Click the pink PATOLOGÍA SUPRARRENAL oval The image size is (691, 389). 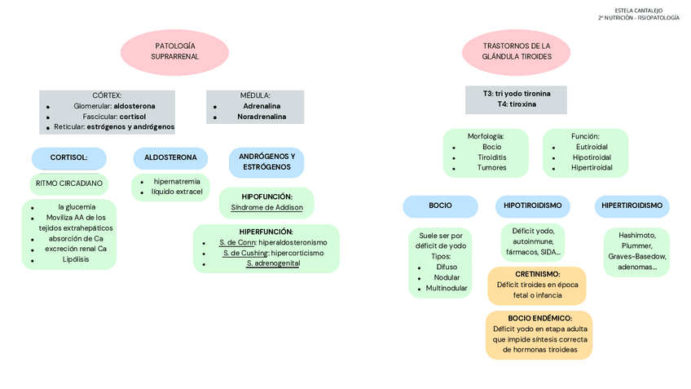pos(174,51)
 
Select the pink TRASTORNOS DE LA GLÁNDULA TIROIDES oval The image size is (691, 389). pos(516,51)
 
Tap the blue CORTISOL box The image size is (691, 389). pos(69,157)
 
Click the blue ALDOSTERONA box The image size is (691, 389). pos(170,157)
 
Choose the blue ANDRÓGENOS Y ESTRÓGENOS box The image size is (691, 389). pos(266,161)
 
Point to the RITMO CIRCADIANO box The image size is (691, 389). pos(69,183)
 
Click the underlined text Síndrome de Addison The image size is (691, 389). pos(266,208)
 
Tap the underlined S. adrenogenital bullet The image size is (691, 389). pos(273,263)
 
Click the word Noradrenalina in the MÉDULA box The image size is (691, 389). pos(262,117)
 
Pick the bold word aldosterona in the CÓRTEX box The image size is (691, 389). pos(134,106)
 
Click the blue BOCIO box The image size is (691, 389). pos(440,206)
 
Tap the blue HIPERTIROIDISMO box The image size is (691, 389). pos(632,206)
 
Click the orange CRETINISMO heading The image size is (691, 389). pos(537,274)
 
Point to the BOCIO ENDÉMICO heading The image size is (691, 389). pos(539,318)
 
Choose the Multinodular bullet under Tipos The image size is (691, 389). pos(447,288)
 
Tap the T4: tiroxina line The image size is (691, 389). pos(516,104)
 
